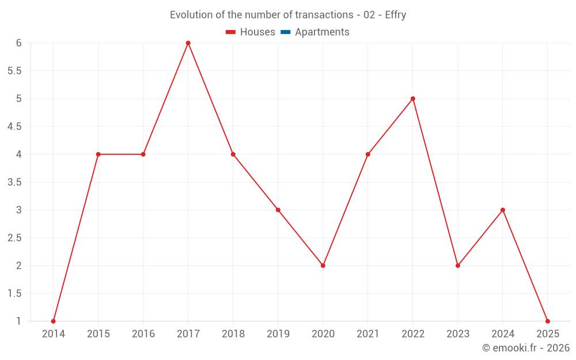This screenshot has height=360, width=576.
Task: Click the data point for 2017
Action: tap(188, 43)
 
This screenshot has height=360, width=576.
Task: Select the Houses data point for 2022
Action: tap(413, 98)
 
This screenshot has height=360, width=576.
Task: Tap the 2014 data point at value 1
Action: tap(54, 321)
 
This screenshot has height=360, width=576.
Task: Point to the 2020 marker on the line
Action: tap(323, 266)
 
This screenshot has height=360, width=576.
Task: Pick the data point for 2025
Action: tap(548, 321)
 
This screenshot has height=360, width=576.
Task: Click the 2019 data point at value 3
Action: tap(278, 210)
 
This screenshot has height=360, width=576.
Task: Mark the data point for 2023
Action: tap(458, 266)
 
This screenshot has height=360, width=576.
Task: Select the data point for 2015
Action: tap(98, 154)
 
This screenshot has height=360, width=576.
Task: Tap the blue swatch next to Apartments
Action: tap(285, 32)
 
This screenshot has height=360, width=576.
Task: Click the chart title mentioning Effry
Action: tap(288, 15)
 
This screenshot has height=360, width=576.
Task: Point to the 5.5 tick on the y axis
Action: tap(14, 71)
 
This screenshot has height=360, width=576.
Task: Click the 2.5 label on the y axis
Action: tap(14, 238)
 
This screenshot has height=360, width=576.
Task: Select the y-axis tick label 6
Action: tap(19, 43)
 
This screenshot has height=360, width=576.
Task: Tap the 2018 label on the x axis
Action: tap(233, 334)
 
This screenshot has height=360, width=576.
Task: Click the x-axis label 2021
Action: tap(368, 334)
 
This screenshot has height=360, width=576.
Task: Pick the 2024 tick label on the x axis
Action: tap(503, 334)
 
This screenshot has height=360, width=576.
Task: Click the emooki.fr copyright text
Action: tap(525, 348)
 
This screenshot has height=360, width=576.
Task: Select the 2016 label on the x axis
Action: tap(143, 334)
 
